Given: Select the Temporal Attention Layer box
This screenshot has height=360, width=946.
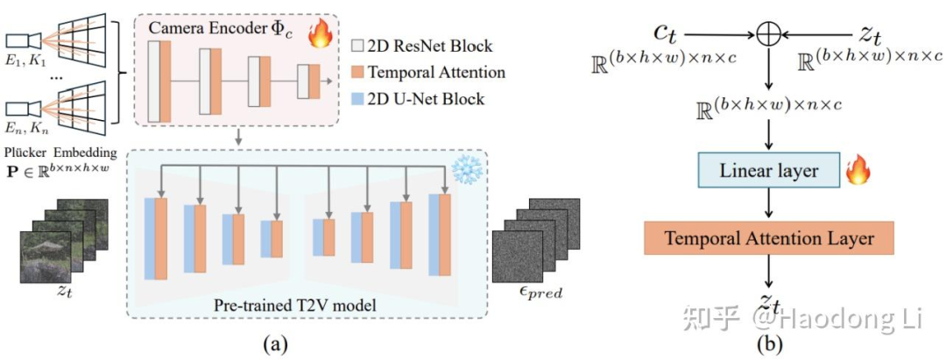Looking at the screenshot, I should [770, 236].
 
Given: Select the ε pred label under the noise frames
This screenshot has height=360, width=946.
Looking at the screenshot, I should [540, 291].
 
